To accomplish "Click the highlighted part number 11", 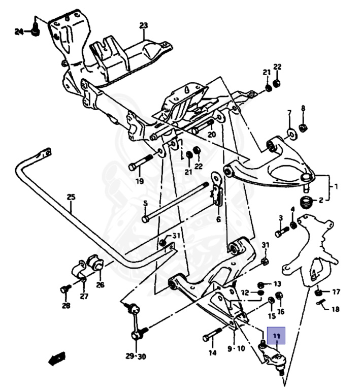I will [x=276, y=336].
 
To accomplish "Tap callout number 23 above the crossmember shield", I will [x=144, y=25].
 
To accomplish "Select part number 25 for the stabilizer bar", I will [x=71, y=197].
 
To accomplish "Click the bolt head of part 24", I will [x=35, y=31].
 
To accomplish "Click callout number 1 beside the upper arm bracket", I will [x=336, y=186].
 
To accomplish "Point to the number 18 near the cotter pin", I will [x=336, y=309].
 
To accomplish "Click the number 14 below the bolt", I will [x=212, y=352].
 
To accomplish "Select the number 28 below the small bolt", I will [x=66, y=305].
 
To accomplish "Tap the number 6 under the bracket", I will [x=218, y=220].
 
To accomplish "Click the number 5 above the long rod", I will [x=145, y=204].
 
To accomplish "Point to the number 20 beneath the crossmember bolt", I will [x=212, y=135].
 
